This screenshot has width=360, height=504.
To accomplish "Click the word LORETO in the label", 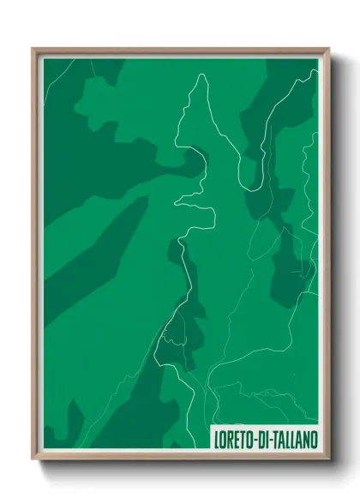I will click(233, 439).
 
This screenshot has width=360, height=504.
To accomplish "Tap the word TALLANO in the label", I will click(291, 439).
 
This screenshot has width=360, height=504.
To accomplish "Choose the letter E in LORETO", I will click(235, 439).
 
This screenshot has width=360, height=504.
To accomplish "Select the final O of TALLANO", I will click(312, 439).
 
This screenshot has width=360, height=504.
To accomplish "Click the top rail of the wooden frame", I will click(180, 51).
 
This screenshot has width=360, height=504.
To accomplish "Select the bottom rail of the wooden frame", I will click(180, 456).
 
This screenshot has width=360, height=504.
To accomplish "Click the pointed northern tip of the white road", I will click(202, 75).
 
